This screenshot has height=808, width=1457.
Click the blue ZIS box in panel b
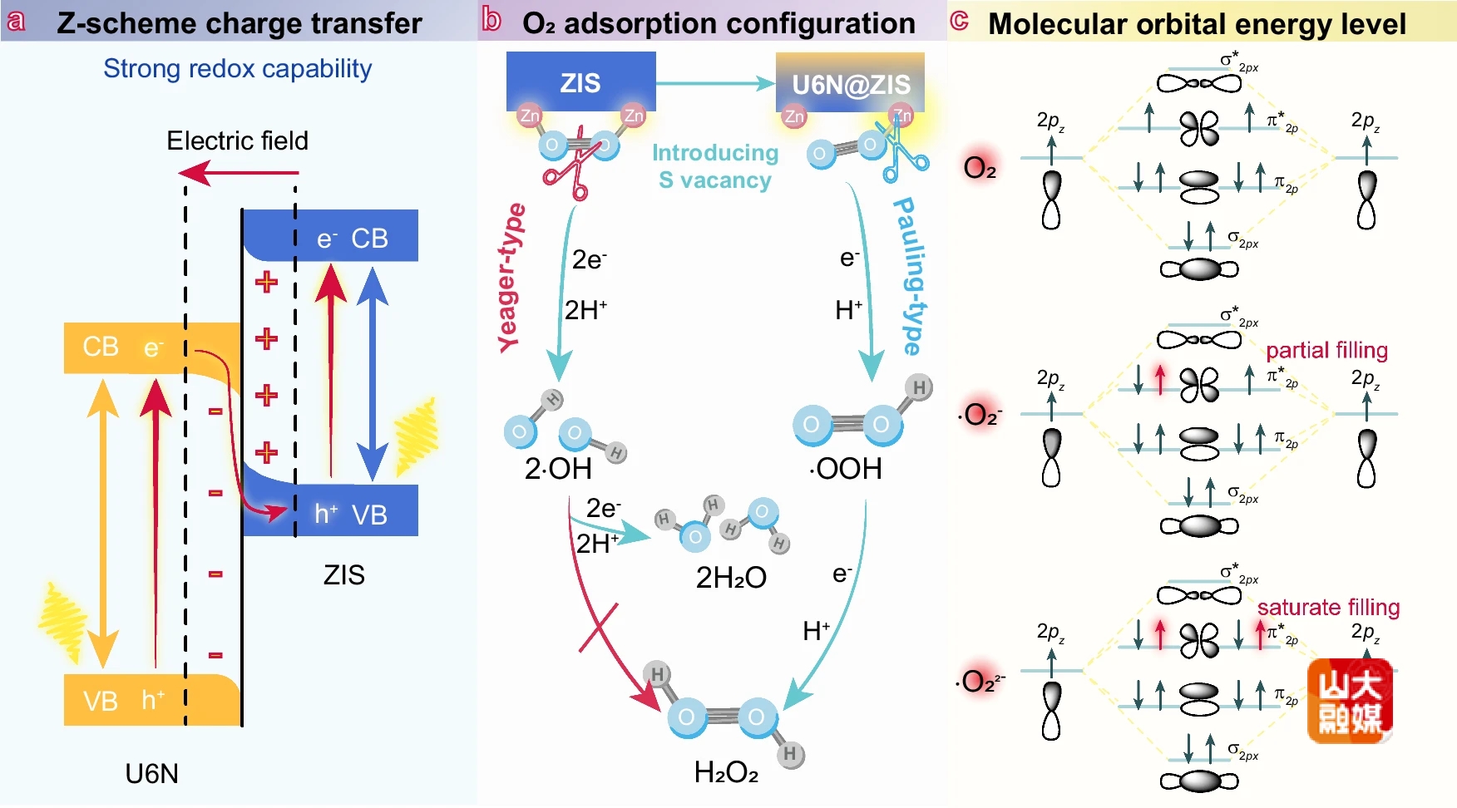coord(580,81)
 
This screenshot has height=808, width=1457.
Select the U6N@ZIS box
coord(850,83)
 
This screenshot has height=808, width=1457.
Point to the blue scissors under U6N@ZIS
coord(901,154)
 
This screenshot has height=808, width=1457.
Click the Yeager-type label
coord(511,278)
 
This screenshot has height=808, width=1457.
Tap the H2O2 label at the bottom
coord(726,772)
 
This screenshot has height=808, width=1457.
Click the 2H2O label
coord(731,577)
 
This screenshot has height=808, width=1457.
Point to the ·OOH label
coord(845,469)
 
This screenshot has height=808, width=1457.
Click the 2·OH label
coord(558,469)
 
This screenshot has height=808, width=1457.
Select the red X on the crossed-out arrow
coord(599,628)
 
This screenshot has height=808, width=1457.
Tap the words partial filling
coord(1326,350)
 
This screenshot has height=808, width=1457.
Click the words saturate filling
coord(1328,607)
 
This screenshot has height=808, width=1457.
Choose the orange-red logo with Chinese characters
coord(1350,701)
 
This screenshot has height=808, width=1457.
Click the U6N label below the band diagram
coord(151,774)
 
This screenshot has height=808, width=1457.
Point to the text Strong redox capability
coord(237,68)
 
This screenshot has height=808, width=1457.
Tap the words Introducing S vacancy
coord(715,166)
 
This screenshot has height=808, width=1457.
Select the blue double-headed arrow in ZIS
coord(373,374)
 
